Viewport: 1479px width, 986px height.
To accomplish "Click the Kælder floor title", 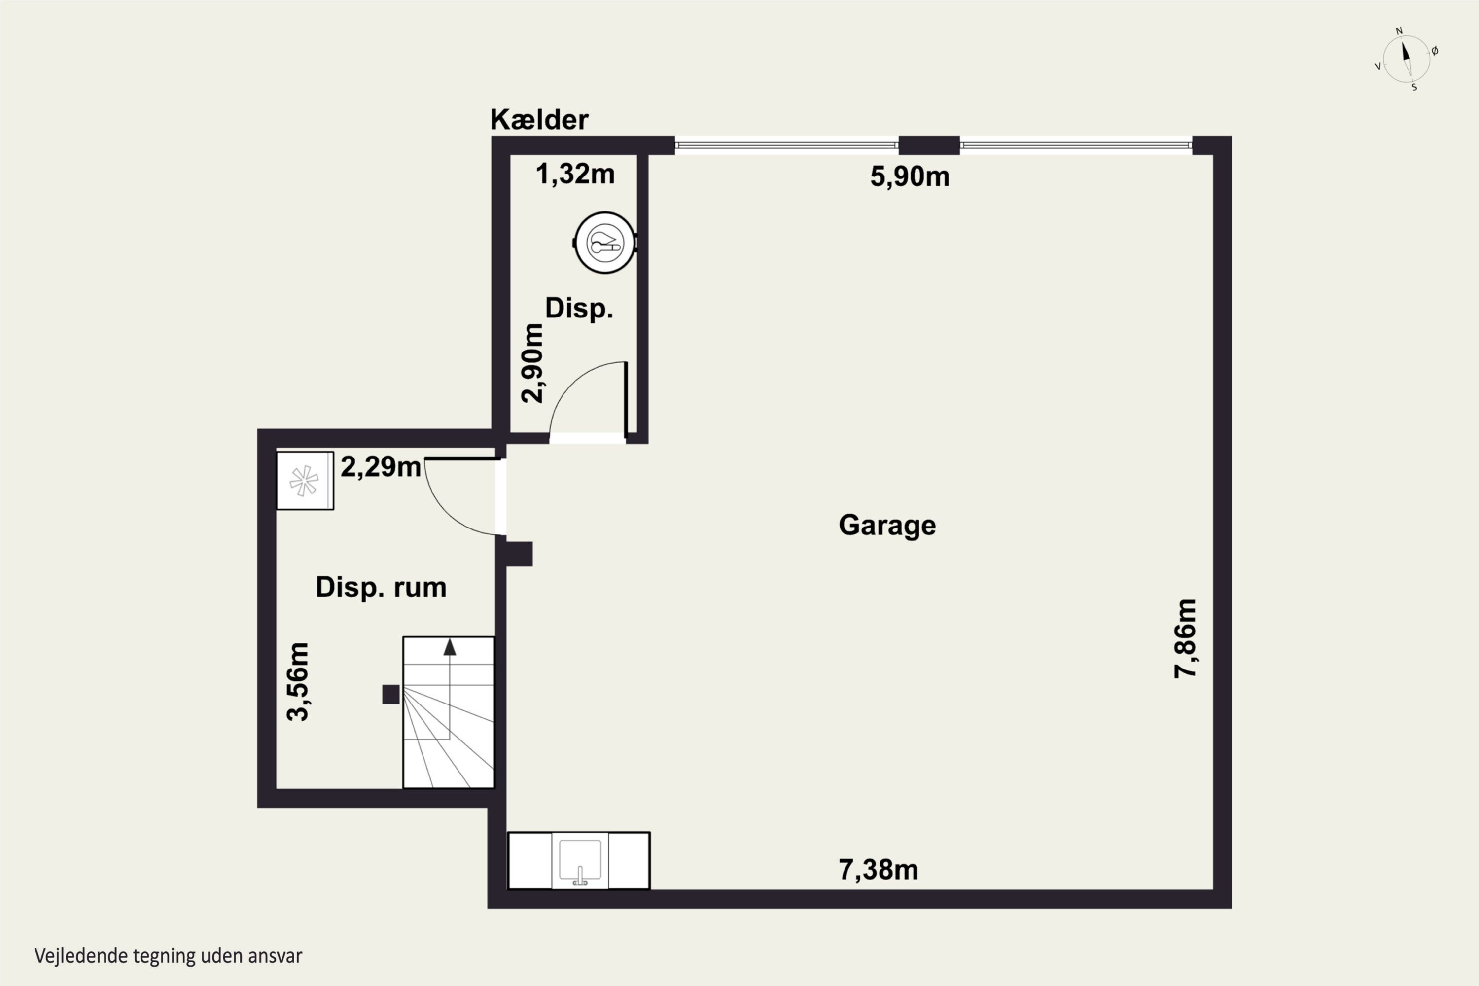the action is [539, 119].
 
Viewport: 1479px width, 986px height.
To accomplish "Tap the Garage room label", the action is [887, 525].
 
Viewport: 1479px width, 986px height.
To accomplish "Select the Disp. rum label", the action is [381, 587].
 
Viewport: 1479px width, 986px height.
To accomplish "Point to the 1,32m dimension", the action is [575, 174].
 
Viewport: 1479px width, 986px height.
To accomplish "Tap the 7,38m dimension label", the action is [879, 870].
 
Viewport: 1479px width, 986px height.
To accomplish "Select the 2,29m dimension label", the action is [381, 466].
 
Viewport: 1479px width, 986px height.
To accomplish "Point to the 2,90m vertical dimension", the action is [532, 363].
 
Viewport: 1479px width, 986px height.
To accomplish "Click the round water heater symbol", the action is [605, 243].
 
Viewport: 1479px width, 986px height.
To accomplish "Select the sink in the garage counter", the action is [580, 861].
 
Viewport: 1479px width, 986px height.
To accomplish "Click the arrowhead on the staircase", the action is [450, 647].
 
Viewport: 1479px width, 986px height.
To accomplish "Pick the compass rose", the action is [1407, 59].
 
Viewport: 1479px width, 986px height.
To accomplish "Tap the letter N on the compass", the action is [1399, 31].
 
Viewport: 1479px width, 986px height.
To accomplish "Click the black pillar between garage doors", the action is [929, 145].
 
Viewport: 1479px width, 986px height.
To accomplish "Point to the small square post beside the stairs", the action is [390, 694].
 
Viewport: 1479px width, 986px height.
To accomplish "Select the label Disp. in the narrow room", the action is [578, 309].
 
